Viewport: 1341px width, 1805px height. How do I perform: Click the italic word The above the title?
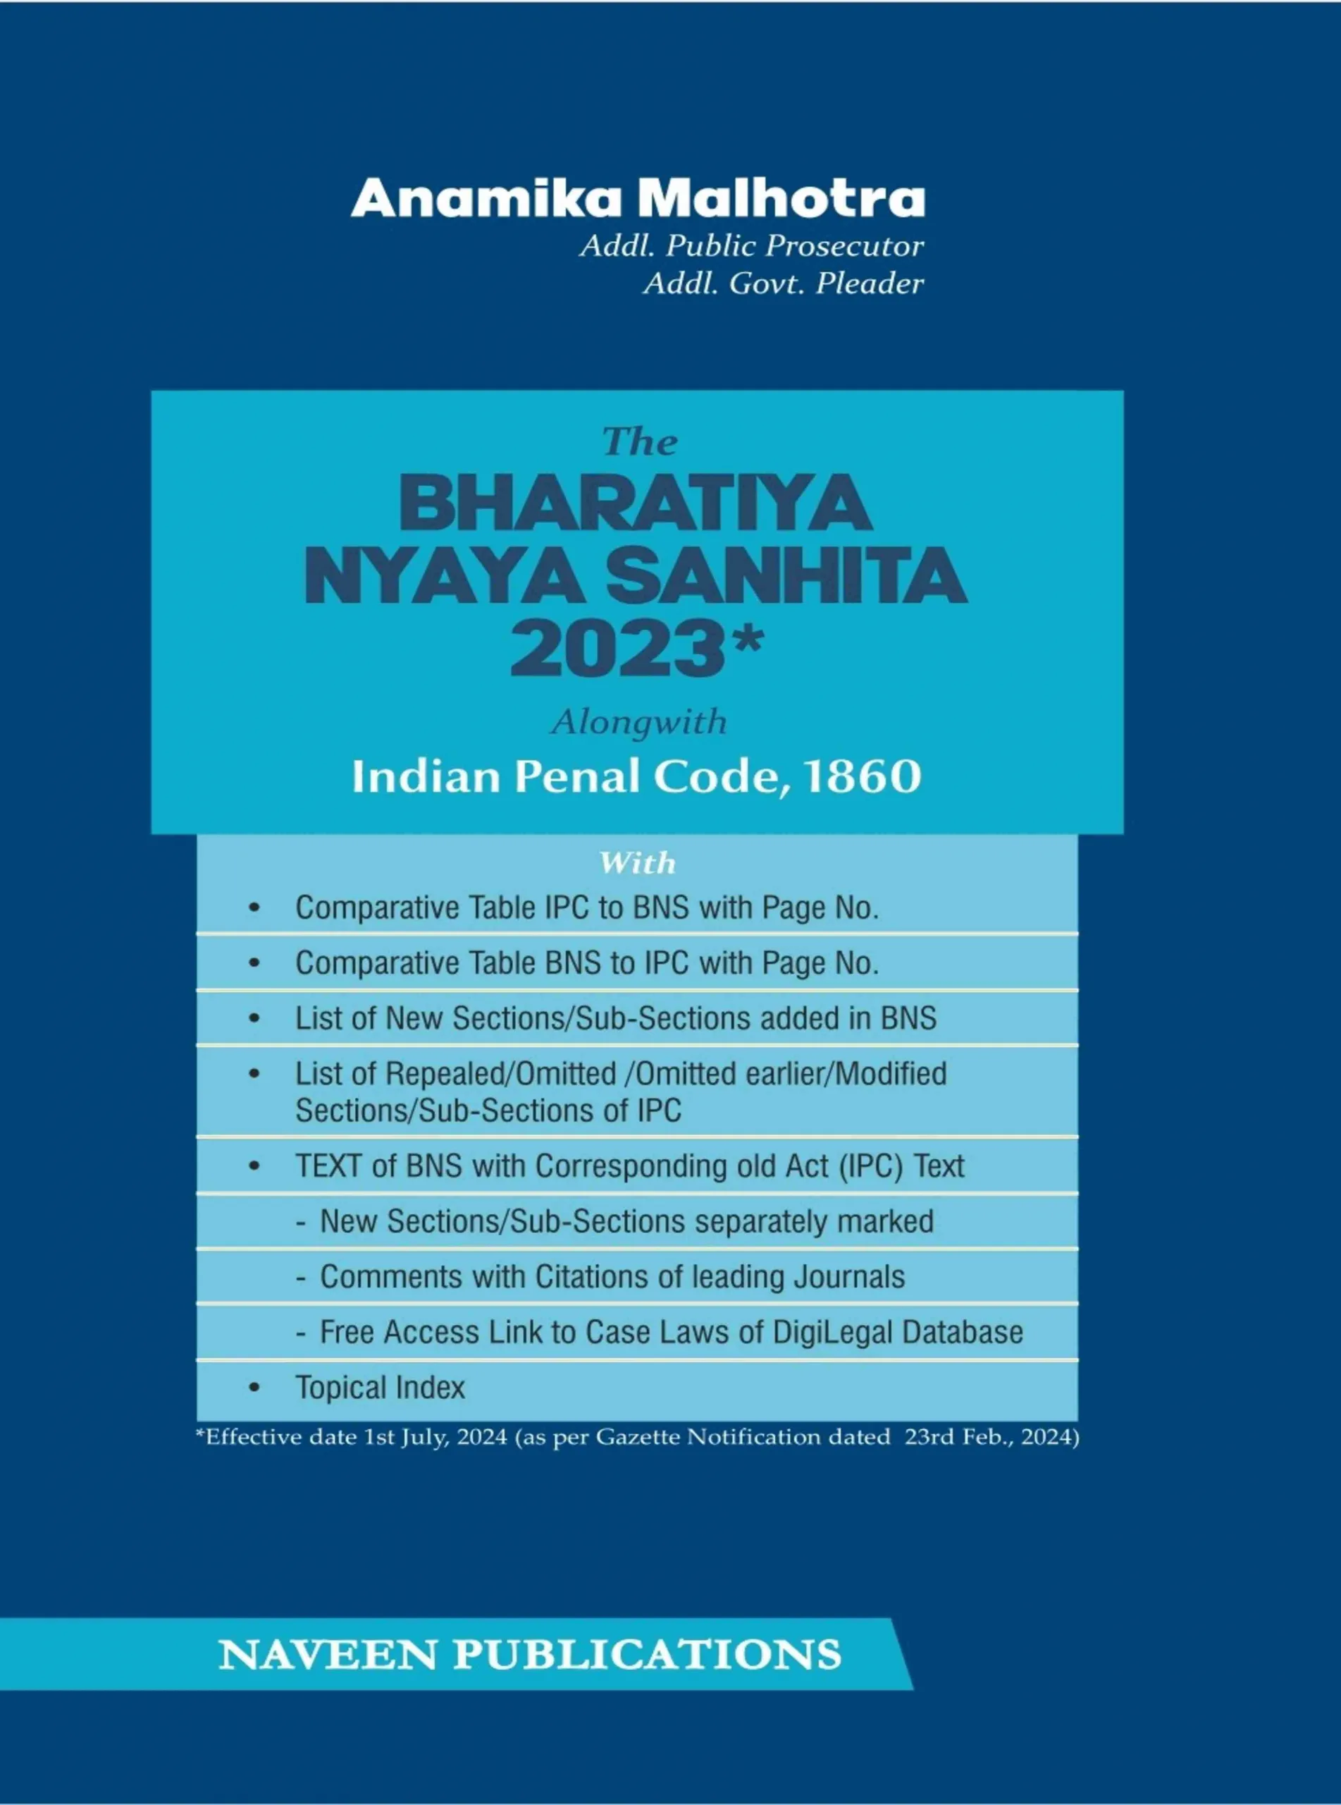pyautogui.click(x=640, y=443)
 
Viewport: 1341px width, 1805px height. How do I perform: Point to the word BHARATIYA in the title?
pyautogui.click(x=635, y=505)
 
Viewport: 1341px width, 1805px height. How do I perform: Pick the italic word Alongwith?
pyautogui.click(x=640, y=722)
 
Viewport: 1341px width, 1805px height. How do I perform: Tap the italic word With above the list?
pyautogui.click(x=637, y=863)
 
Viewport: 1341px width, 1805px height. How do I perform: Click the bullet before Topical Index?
pyautogui.click(x=254, y=1388)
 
